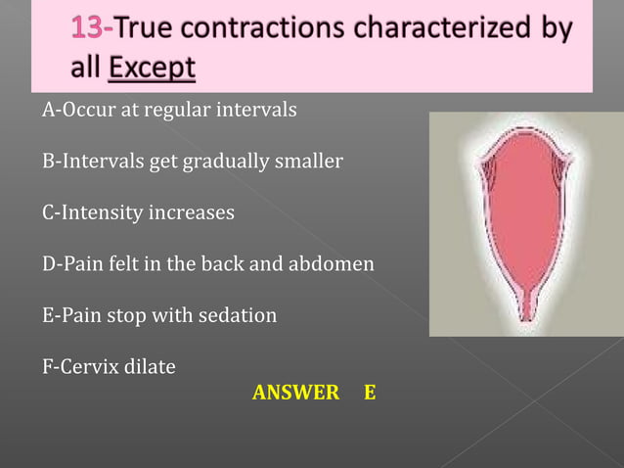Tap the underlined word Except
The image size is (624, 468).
153,70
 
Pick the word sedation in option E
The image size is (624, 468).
240,316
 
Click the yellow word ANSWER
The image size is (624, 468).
295,394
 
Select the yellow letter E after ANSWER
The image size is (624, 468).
369,394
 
